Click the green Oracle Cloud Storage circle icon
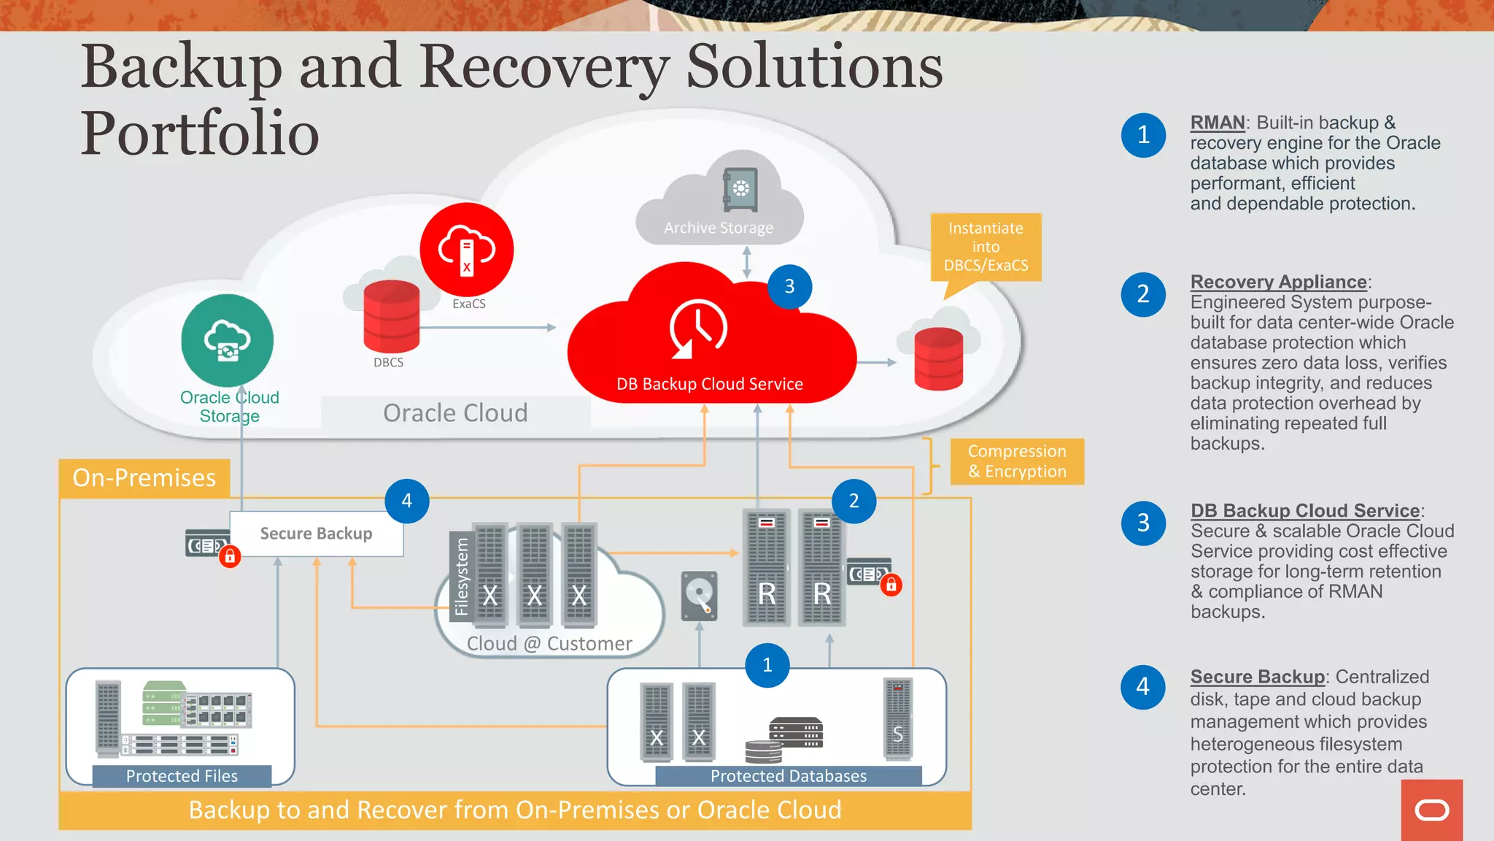point(227,340)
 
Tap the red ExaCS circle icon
point(467,250)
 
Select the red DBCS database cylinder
point(392,317)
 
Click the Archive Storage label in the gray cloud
point(719,228)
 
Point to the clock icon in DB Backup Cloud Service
point(698,329)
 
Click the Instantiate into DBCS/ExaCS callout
point(986,247)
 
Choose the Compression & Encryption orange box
point(1017,461)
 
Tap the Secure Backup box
point(316,534)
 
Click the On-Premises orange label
point(144,477)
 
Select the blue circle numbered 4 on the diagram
point(407,501)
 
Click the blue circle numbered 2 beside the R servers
point(854,501)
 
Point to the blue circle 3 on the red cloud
point(789,286)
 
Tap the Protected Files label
point(182,776)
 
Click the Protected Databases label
point(789,776)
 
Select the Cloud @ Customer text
point(549,643)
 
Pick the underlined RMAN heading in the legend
point(1218,123)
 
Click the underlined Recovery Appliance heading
point(1278,282)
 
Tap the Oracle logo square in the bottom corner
point(1431,810)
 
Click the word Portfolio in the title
point(200,134)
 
